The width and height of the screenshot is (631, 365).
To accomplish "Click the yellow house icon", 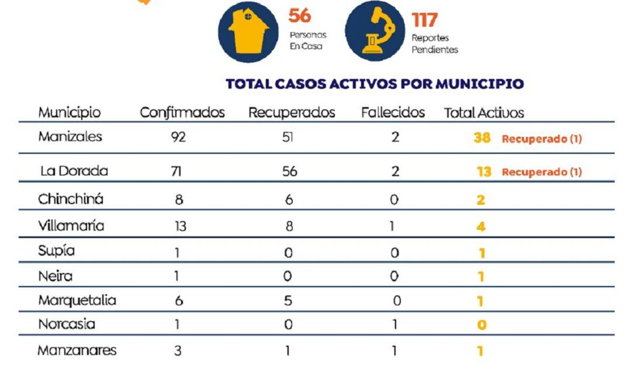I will [x=247, y=32].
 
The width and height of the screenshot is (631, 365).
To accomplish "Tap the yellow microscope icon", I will [x=375, y=32].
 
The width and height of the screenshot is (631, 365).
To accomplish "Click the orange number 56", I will [x=300, y=16].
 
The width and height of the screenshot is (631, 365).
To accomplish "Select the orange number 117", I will [x=424, y=20].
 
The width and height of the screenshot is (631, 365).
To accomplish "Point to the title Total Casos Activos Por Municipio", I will [x=375, y=84].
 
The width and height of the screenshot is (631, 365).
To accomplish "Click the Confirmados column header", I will [x=182, y=113].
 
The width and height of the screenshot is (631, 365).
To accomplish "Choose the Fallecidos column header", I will [x=393, y=113].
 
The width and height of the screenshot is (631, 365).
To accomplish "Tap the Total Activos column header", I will [x=484, y=113].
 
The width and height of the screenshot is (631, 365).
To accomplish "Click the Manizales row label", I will [x=70, y=137].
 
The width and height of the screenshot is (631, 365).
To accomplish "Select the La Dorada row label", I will [x=74, y=171].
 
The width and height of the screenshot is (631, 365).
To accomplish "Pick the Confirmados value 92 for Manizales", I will [x=178, y=138].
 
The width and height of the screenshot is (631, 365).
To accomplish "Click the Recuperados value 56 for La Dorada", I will [x=289, y=171].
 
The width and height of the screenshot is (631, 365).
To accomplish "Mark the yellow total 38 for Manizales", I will [x=482, y=139].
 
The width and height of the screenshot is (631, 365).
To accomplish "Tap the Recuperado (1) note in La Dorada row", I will [x=542, y=172].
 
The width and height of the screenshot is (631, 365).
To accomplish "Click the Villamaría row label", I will [x=71, y=226].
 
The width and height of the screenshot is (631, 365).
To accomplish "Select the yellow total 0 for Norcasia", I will [x=481, y=325].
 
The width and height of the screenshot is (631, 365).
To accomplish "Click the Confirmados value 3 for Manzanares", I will [x=178, y=351].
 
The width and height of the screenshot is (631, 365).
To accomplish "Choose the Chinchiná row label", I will [x=71, y=199].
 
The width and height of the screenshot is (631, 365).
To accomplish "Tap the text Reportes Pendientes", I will [x=435, y=44].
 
